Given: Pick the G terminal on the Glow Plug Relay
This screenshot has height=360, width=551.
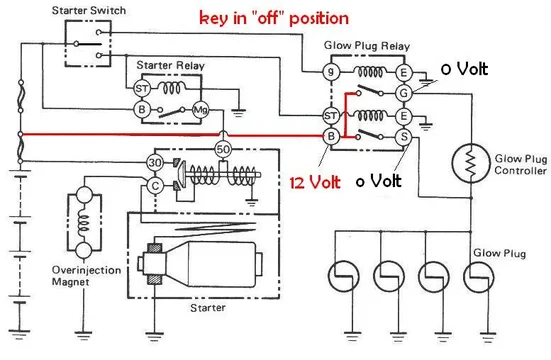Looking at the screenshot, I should point(404,93).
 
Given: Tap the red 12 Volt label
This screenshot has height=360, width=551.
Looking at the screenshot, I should point(313,183).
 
